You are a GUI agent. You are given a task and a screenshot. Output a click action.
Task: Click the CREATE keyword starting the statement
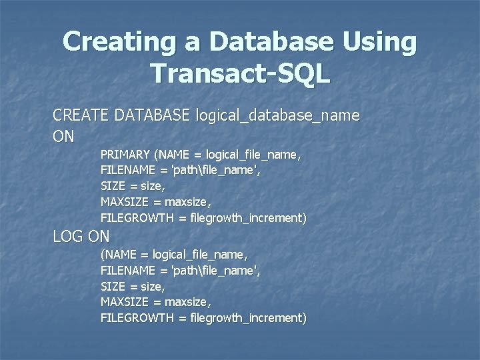tap(81, 116)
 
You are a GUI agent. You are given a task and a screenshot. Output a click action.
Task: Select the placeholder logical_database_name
tap(278, 116)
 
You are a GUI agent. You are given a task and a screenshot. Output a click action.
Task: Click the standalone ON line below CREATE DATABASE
tap(64, 137)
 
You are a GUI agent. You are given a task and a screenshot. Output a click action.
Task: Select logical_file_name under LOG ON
tap(200, 255)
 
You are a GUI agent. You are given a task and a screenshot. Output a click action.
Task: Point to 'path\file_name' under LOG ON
tap(216, 271)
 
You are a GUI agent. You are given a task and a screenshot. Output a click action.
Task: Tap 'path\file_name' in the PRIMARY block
tap(216, 171)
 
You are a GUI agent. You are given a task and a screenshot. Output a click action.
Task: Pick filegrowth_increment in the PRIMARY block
tap(247, 218)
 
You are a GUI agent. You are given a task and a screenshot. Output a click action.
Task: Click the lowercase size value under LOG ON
tap(153, 287)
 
